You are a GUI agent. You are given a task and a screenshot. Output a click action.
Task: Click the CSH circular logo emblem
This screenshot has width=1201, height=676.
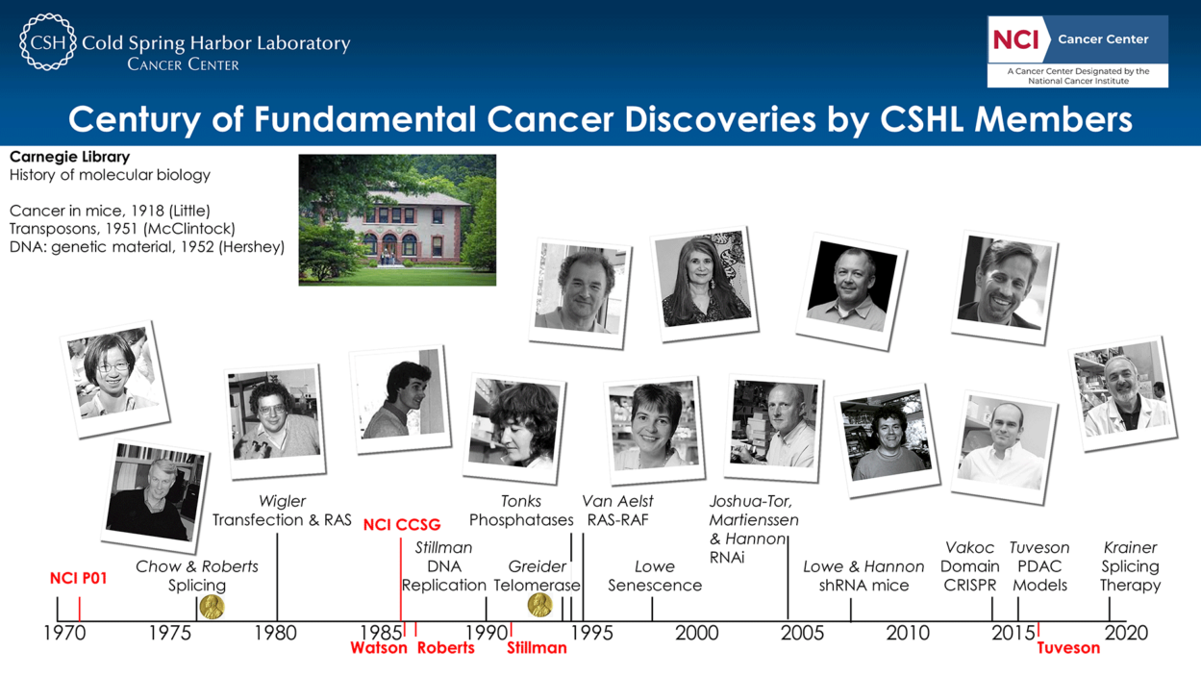tap(47, 42)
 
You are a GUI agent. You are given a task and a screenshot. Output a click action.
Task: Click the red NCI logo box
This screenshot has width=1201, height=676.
tap(1015, 39)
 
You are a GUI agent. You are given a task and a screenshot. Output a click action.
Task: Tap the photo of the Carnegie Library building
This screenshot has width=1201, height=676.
tap(397, 220)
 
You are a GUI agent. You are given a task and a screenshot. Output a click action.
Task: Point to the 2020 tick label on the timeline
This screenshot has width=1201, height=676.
tap(1126, 634)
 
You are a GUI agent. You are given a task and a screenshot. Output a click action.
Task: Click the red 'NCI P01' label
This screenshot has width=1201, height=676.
tap(79, 579)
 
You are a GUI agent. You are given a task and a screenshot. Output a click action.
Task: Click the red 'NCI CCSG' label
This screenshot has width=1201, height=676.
tap(402, 525)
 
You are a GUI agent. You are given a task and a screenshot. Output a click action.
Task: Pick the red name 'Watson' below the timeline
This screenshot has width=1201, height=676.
tap(379, 648)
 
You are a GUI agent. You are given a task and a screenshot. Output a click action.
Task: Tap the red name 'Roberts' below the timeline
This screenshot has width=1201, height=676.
tap(445, 648)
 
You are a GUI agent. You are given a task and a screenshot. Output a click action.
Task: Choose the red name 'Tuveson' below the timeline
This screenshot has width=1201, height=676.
tap(1068, 648)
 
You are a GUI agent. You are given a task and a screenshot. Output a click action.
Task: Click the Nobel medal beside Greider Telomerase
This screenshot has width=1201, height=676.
tap(539, 605)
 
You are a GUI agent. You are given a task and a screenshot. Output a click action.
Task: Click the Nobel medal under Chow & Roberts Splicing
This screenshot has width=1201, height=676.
tap(212, 607)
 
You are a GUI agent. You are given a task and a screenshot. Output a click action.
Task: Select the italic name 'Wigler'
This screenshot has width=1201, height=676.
tap(282, 501)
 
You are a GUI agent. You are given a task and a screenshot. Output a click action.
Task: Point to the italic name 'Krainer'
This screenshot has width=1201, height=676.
tap(1130, 548)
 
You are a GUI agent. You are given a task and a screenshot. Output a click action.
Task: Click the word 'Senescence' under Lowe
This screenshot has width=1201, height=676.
tap(655, 586)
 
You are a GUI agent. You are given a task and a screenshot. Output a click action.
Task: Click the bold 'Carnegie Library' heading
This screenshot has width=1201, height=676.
tap(69, 157)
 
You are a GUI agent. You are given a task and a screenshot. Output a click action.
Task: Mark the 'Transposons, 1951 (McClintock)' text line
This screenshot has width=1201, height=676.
tap(122, 229)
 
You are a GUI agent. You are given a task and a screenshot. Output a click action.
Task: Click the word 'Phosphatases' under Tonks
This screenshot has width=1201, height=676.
tap(521, 520)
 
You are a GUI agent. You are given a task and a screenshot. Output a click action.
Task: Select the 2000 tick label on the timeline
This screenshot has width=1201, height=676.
tap(696, 634)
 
